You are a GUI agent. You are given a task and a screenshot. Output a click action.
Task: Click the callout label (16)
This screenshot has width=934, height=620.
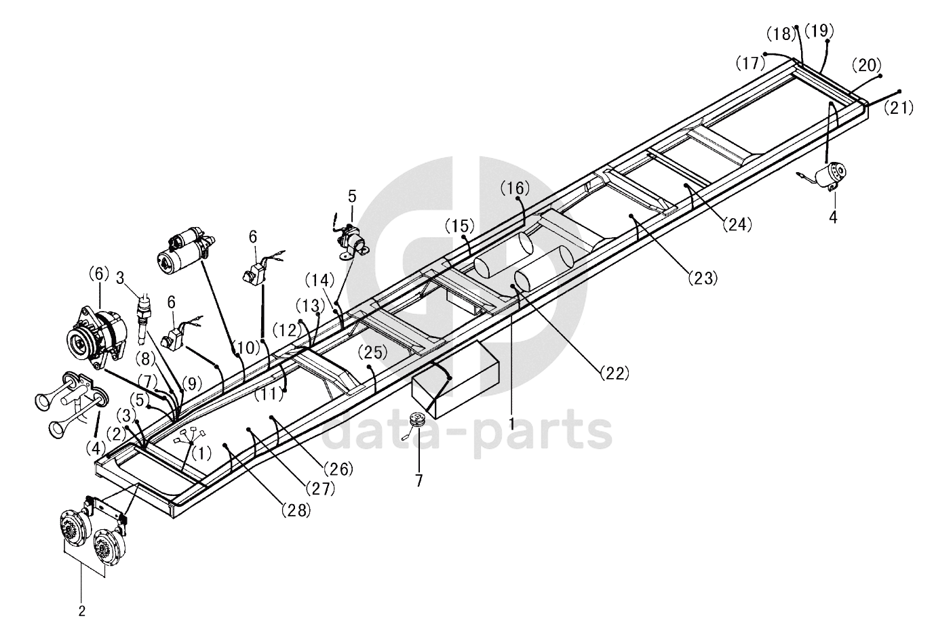(x=514, y=188)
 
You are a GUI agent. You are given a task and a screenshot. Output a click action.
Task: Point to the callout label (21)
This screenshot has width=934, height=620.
(x=899, y=106)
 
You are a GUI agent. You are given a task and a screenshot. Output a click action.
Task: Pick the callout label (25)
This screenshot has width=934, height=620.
(x=372, y=352)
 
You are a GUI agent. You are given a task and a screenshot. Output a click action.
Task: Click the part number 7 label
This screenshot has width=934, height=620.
(x=419, y=480)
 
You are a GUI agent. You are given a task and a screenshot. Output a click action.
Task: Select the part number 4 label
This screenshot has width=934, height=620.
(x=833, y=217)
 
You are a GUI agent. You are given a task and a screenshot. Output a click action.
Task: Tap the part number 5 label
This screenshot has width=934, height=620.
(x=351, y=197)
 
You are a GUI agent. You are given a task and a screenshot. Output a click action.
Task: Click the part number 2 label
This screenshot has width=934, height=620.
(x=82, y=611)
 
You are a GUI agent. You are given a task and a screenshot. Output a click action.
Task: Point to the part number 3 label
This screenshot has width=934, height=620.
(x=119, y=277)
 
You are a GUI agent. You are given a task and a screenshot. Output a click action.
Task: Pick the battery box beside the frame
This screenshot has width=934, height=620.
(x=456, y=379)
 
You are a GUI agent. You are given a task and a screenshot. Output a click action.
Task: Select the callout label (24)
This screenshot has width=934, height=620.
(x=737, y=224)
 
